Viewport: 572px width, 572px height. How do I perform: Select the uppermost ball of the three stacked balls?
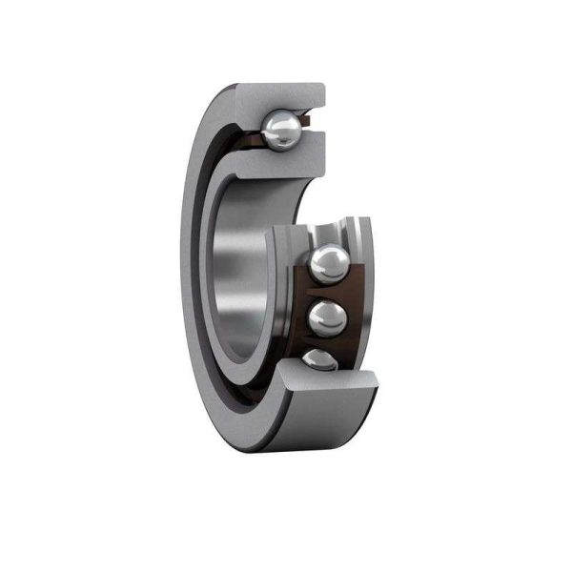(328, 261)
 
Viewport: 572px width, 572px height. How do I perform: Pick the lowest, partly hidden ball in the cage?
(317, 361)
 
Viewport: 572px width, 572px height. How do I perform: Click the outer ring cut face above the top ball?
(286, 97)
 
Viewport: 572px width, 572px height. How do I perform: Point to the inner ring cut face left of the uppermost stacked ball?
(286, 257)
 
